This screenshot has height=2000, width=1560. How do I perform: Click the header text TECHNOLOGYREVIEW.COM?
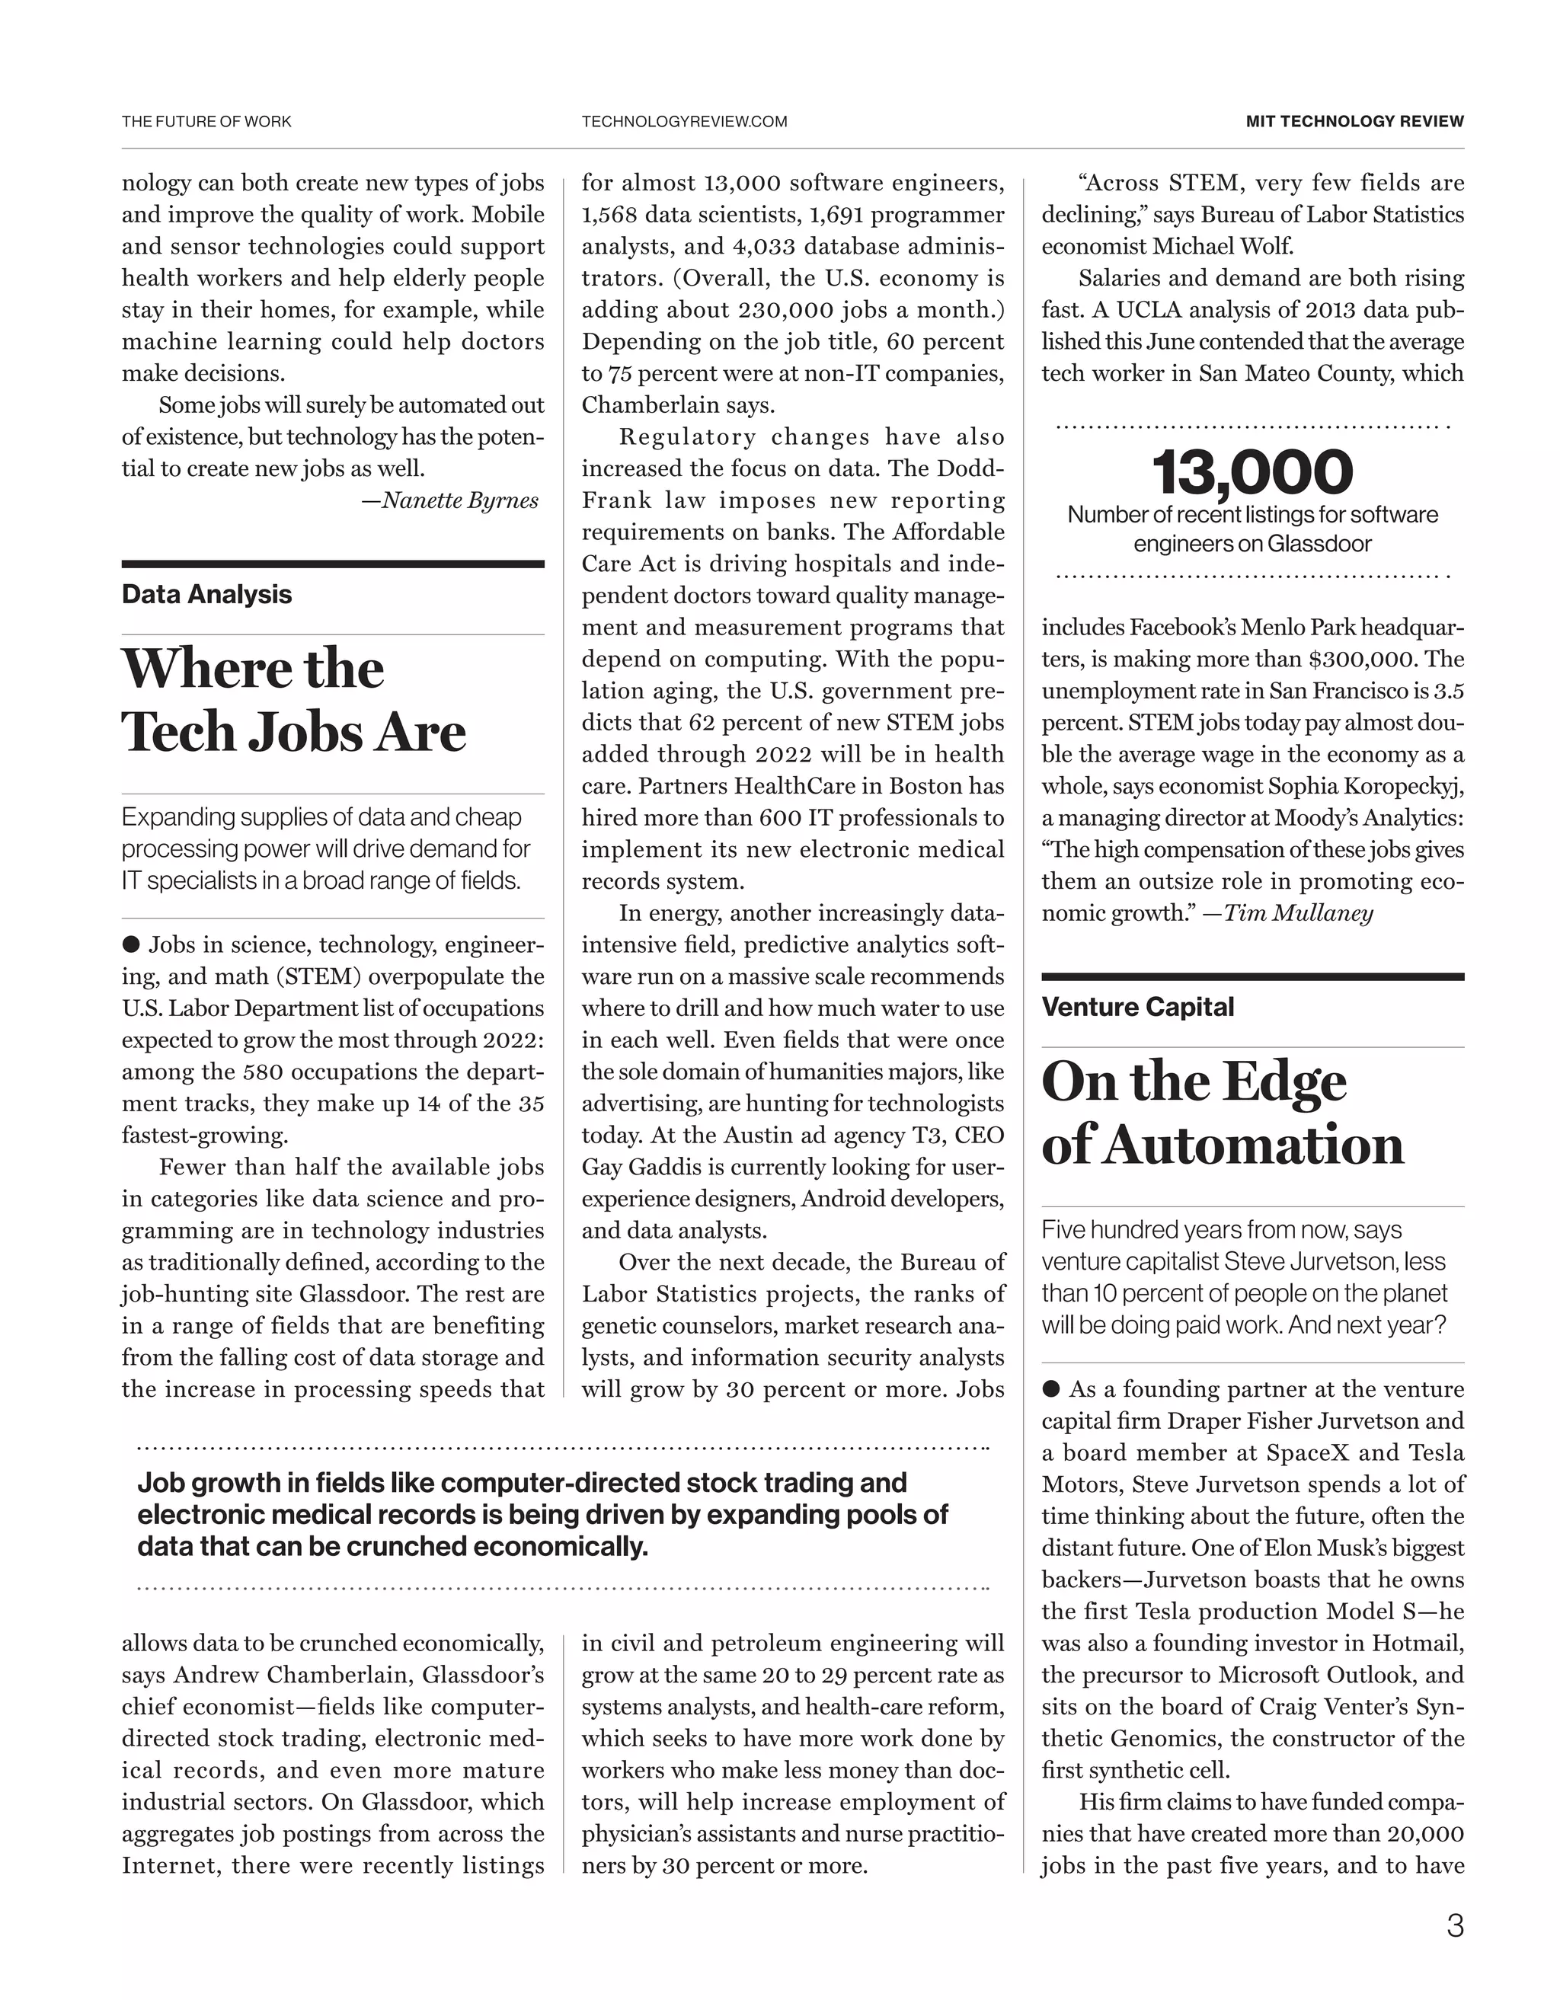pyautogui.click(x=683, y=122)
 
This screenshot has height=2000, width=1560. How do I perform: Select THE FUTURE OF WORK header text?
pyautogui.click(x=206, y=122)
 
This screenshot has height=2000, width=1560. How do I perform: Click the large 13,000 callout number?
pyautogui.click(x=1252, y=472)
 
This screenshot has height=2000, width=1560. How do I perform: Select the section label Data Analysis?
pyautogui.click(x=206, y=594)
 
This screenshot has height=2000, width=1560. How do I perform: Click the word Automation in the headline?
pyautogui.click(x=1252, y=1145)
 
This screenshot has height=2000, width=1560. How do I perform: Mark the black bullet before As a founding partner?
pyautogui.click(x=1050, y=1389)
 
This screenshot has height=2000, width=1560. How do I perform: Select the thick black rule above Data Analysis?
pyautogui.click(x=333, y=564)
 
